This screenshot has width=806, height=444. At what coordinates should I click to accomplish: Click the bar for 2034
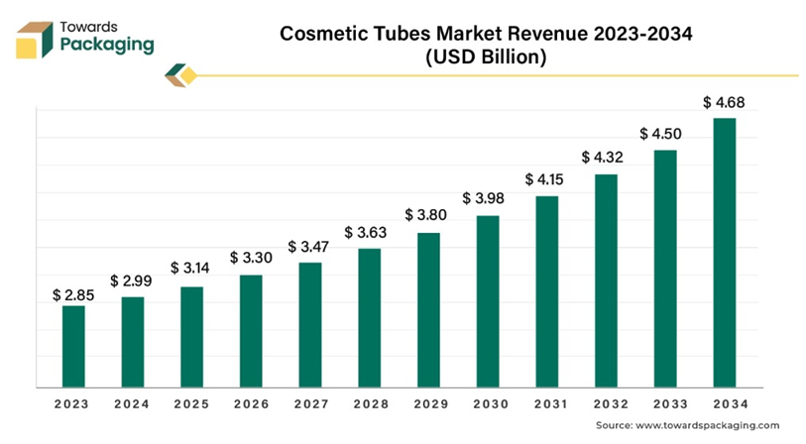coord(725,252)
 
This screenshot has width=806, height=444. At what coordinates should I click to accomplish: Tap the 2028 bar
coord(369,316)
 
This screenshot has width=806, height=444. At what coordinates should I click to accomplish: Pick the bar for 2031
coord(546,290)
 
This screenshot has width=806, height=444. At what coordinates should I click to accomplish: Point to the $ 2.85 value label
coord(72,294)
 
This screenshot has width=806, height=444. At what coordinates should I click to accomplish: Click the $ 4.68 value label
coord(724,102)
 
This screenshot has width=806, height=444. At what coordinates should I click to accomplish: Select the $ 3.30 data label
coord(251,258)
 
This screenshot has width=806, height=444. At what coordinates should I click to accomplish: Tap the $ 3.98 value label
coord(487,199)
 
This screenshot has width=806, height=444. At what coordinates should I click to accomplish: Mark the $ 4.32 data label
coord(605,157)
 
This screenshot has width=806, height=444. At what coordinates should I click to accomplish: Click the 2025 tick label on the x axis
coord(191,404)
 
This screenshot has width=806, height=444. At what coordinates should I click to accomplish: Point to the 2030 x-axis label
coord(487,404)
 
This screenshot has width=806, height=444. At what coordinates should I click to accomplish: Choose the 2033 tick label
coord(664,404)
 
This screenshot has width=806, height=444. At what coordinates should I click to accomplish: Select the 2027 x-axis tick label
coord(310,404)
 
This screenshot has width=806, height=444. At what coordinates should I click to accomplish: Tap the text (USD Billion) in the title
coord(486,56)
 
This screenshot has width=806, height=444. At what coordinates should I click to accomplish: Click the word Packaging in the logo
coord(107,45)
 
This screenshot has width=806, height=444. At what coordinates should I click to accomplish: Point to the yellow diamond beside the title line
coord(188,74)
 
